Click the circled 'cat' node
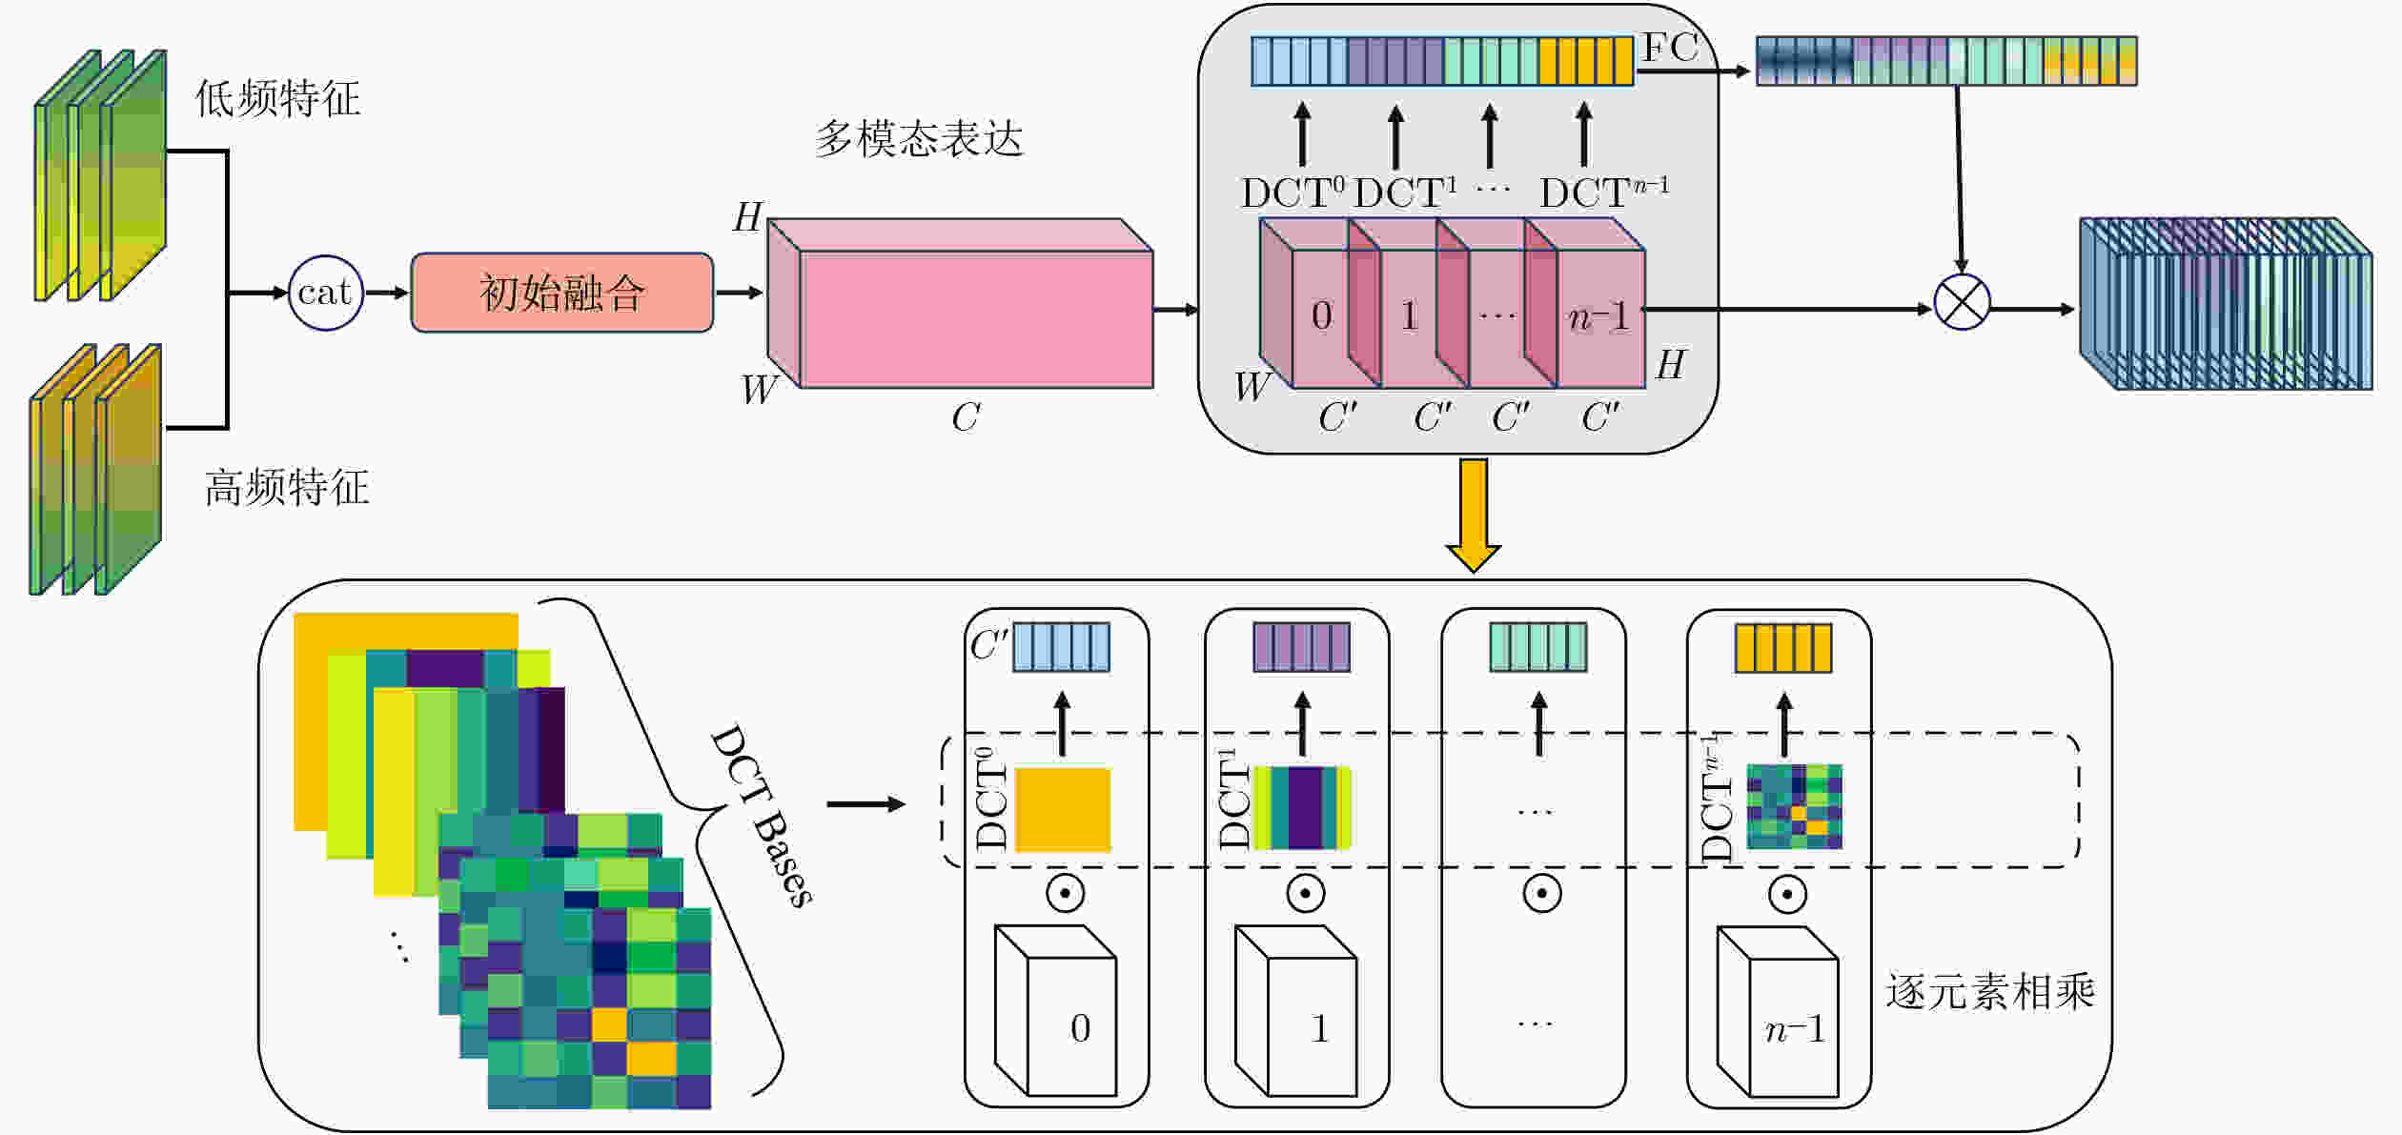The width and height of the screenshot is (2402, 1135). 326,293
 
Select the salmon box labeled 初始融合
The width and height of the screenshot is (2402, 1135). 562,293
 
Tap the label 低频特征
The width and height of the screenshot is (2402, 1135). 278,98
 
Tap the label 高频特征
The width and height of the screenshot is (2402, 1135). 287,487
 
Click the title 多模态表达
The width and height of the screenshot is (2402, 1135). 919,139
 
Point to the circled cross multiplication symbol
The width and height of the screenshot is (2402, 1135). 1962,302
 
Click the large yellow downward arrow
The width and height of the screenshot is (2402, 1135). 1473,516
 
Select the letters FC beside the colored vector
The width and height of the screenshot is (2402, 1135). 1670,48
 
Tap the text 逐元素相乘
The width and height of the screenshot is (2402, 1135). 1990,992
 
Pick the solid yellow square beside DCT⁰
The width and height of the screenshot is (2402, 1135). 1063,809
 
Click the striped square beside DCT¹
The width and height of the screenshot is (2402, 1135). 1302,808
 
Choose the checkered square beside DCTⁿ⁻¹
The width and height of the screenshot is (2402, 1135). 1794,806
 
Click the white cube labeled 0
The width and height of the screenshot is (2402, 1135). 1055,1011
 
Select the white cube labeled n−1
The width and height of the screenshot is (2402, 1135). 1778,1012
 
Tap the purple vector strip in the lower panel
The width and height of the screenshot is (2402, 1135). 1301,648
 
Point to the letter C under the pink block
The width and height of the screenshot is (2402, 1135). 966,416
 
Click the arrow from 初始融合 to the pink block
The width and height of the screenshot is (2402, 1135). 739,293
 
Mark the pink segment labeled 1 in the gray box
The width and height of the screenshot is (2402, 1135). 1410,315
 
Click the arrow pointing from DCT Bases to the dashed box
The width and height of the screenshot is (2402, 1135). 865,804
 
